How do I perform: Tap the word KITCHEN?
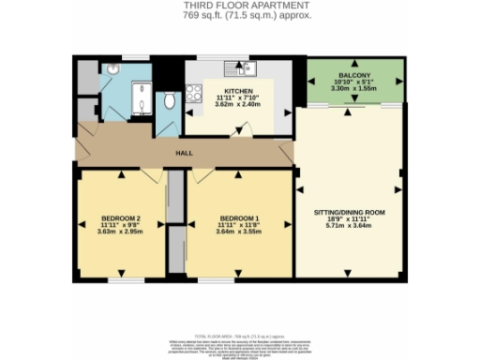click(x=226, y=91)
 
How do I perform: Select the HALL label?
click(x=185, y=154)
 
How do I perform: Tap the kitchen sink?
click(x=247, y=67)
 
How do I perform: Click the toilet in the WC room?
click(x=169, y=99)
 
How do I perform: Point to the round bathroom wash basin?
click(x=112, y=70)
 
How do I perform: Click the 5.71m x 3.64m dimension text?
click(x=348, y=226)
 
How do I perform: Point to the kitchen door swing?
click(x=243, y=133)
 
